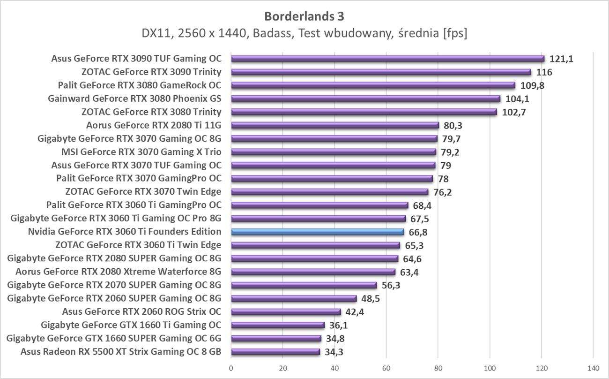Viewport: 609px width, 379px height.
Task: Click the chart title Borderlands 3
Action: [304, 16]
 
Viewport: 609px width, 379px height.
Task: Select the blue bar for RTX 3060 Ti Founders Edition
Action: [318, 232]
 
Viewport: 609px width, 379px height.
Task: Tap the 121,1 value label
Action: [562, 59]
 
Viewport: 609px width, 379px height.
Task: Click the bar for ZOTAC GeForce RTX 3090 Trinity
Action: [381, 72]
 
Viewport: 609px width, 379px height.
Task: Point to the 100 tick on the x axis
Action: [490, 368]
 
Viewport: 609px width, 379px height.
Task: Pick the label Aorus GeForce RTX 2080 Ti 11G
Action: [154, 125]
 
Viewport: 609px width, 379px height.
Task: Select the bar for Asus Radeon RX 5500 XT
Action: [275, 352]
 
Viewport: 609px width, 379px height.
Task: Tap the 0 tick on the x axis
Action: [231, 368]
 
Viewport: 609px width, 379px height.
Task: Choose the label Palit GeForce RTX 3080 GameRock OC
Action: [140, 85]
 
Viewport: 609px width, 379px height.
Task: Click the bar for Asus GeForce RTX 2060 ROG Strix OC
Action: [286, 312]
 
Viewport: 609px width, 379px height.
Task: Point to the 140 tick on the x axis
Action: [593, 368]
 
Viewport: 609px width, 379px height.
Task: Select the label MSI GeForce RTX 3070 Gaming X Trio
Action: [141, 152]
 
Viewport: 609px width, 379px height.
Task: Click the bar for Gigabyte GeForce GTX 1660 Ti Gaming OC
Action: [278, 325]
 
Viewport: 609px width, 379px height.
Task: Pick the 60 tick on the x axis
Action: [386, 368]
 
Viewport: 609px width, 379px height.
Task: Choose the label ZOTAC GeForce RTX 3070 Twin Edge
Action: [143, 192]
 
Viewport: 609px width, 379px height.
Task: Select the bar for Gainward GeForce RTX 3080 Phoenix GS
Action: [365, 99]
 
